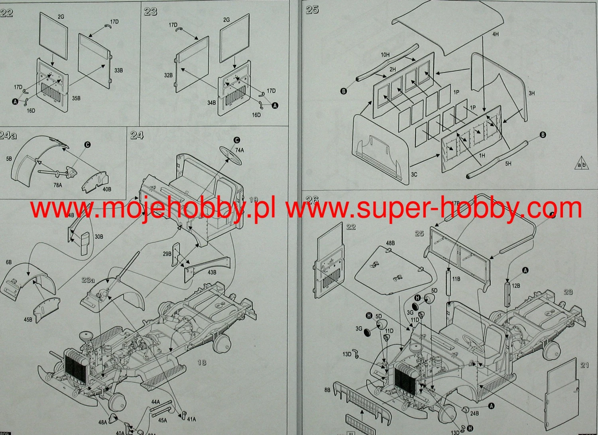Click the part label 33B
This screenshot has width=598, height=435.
point(118,71)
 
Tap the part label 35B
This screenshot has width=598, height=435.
point(76,98)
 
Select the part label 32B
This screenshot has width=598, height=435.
point(168,75)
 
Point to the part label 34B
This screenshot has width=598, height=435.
point(211,103)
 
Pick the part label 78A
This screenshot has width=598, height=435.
point(57,185)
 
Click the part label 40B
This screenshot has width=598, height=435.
point(107,189)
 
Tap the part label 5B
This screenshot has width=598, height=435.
point(9,159)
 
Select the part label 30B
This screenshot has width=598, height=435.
point(99,237)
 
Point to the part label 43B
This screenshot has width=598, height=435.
point(212,273)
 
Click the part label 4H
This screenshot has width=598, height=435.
point(495,35)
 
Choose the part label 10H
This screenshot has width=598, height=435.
point(385,55)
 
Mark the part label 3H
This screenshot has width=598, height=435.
point(531,93)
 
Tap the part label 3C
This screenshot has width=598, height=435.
point(414,174)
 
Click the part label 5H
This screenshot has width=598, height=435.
point(508,164)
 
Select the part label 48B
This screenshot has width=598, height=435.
point(390,243)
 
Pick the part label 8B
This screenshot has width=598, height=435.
point(327,390)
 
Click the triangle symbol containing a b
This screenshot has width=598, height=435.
point(582,164)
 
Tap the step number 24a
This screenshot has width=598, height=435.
point(8,136)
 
